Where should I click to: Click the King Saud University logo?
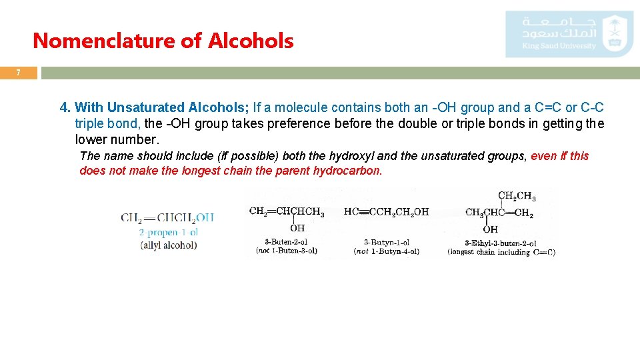pyautogui.click(x=569, y=33)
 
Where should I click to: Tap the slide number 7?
pyautogui.click(x=19, y=73)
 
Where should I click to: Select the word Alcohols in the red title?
pyautogui.click(x=251, y=41)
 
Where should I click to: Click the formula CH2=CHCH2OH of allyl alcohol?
pyautogui.click(x=167, y=217)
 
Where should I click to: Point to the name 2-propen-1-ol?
pyautogui.click(x=168, y=232)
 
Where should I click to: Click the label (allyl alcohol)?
pyautogui.click(x=168, y=245)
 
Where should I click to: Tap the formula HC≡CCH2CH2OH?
pyautogui.click(x=386, y=213)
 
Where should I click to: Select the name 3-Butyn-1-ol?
pyautogui.click(x=387, y=242)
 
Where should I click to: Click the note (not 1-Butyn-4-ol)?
pyautogui.click(x=387, y=251)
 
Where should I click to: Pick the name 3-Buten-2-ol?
pyautogui.click(x=286, y=242)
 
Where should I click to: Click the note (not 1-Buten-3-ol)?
pyautogui.click(x=287, y=251)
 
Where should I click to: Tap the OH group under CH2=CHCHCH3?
pyautogui.click(x=297, y=229)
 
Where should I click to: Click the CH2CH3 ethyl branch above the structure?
pyautogui.click(x=517, y=196)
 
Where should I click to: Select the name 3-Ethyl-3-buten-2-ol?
pyautogui.click(x=501, y=243)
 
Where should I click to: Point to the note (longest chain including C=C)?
pyautogui.click(x=501, y=252)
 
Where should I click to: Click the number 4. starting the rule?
pyautogui.click(x=65, y=107)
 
